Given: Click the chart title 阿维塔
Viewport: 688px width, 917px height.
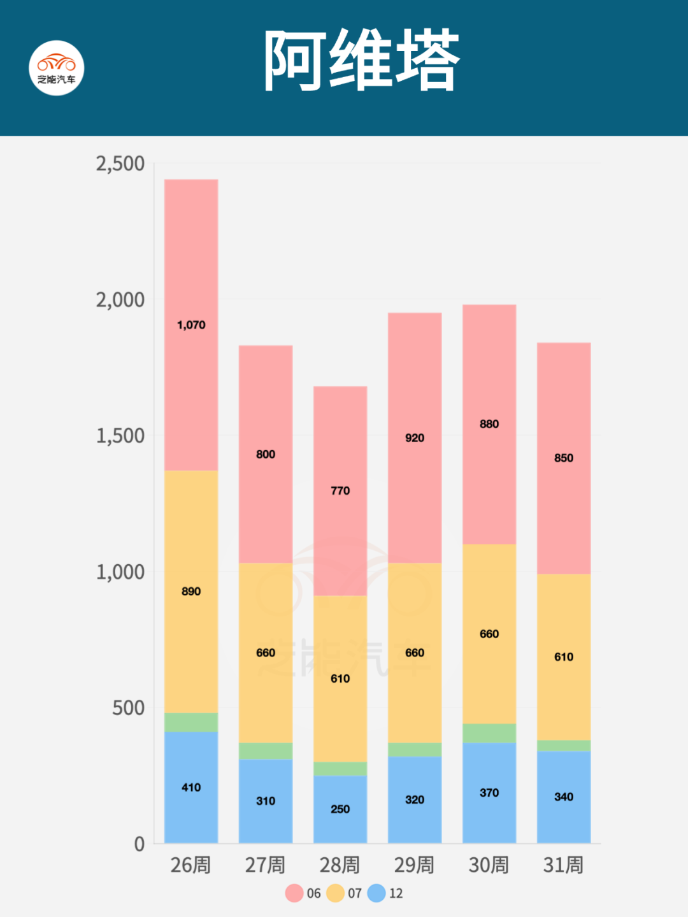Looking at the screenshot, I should click(361, 60).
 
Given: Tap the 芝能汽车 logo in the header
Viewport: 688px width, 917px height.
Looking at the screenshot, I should click(57, 68).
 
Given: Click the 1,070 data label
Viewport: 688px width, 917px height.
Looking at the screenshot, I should click(191, 325).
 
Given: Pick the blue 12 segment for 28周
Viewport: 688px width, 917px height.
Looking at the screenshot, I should click(340, 821).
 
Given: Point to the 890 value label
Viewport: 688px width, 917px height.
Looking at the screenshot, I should click(191, 592).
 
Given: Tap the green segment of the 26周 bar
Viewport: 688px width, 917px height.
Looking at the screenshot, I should click(191, 722).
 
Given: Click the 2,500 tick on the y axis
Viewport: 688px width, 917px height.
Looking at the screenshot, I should click(120, 164).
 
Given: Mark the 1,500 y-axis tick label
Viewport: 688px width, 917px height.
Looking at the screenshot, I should click(120, 436).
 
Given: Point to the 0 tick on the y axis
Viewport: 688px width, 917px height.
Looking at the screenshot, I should click(140, 844).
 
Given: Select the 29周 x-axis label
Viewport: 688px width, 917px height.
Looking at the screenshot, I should click(414, 865).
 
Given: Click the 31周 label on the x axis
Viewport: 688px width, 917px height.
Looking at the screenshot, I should click(563, 865).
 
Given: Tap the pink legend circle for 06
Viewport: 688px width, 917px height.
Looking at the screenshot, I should click(294, 893).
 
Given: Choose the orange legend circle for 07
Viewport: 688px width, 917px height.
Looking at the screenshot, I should click(335, 893).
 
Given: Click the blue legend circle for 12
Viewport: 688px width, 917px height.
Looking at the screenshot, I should click(376, 893).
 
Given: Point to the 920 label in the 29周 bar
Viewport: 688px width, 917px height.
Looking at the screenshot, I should click(415, 438).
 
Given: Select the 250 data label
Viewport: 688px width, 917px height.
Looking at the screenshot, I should click(340, 809).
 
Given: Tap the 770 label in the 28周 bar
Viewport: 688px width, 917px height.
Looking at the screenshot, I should click(340, 491).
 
